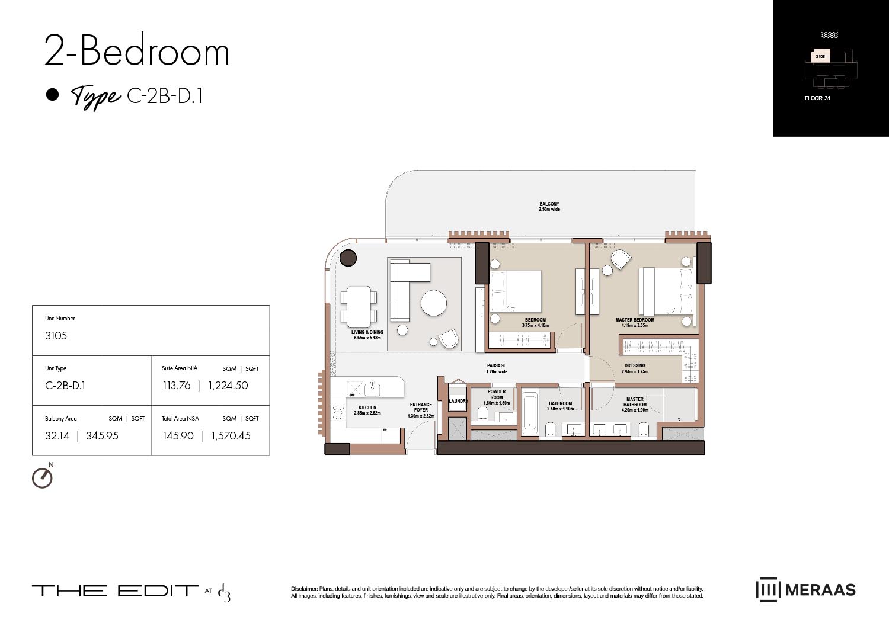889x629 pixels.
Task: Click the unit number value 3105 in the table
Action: coord(56,336)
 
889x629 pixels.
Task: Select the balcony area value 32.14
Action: coord(57,436)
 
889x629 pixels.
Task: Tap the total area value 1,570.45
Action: coord(231,436)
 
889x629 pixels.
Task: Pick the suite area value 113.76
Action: coord(177,386)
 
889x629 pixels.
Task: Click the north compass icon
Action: coord(42,477)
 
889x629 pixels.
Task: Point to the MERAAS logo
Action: coord(805,589)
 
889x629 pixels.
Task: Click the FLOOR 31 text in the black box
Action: coord(817,98)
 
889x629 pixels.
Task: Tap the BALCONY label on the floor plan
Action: coord(549,204)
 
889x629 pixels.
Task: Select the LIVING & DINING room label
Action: coord(367,333)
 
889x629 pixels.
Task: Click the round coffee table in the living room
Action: coord(434,303)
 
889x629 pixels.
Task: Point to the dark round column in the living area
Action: coord(348,258)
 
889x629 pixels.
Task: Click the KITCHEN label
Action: coord(367,407)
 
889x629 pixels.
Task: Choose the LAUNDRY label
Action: coord(458,401)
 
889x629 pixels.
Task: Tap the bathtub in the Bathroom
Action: coord(529,410)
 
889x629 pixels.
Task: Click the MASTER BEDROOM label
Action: coord(635,320)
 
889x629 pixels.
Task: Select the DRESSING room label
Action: coord(635,365)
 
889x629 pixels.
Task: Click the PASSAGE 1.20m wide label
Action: coord(497,368)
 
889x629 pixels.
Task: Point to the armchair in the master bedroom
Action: coord(621,259)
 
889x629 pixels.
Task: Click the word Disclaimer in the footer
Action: coord(304,589)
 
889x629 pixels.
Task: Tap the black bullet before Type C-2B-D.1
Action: coord(53,95)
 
